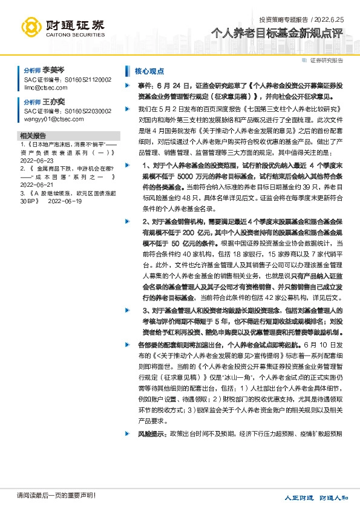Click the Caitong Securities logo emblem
click(x=33, y=27)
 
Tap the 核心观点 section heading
click(x=149, y=71)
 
